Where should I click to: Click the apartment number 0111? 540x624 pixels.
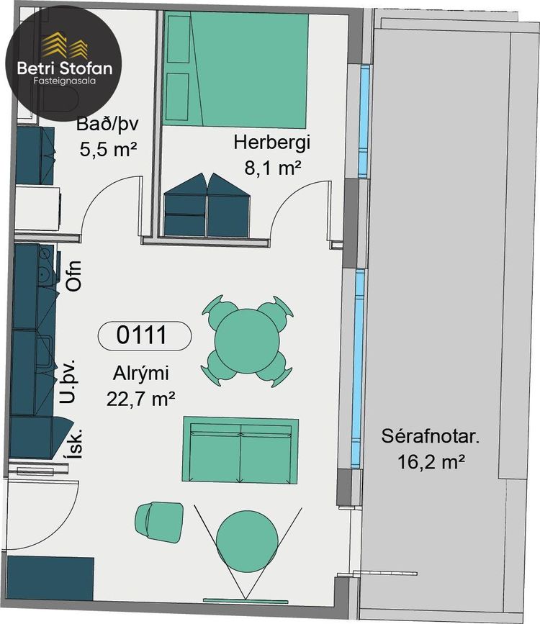tap(141, 335)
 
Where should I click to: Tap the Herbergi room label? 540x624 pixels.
tap(271, 142)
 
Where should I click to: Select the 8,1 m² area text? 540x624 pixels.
tap(272, 168)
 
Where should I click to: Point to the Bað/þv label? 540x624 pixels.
tap(107, 124)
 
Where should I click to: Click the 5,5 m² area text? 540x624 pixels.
tap(108, 149)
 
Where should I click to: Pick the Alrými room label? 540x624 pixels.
tap(141, 374)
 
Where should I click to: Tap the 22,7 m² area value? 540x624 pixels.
tap(140, 399)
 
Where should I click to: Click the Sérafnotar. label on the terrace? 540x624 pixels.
tap(431, 436)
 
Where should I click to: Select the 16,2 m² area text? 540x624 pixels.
tap(431, 462)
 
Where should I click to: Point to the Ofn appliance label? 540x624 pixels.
tap(74, 276)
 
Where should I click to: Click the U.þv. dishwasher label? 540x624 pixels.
tap(67, 381)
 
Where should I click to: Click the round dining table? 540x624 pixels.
tap(247, 341)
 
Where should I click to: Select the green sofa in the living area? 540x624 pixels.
tap(240, 450)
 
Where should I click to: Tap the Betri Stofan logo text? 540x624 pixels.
tap(65, 68)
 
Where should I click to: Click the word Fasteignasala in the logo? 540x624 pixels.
tap(65, 81)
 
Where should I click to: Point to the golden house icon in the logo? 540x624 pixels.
tap(65, 45)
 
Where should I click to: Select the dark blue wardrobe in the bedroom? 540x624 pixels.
tap(207, 206)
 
